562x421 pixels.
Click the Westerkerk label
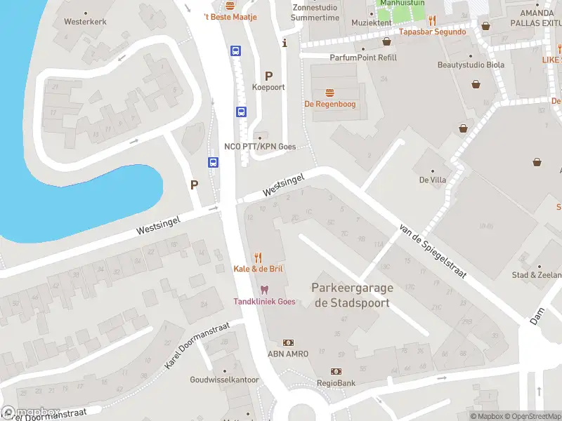[85, 22]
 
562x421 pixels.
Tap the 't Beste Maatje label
[230, 17]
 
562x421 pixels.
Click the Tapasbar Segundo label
[432, 32]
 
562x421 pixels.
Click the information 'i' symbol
[285, 44]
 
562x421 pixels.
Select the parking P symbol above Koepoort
[268, 76]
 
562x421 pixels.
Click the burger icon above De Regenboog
[329, 93]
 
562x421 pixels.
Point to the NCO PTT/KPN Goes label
[260, 146]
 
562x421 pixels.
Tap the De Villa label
[433, 180]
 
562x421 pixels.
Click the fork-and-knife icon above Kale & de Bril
[259, 258]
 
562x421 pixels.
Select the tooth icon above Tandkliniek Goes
[264, 290]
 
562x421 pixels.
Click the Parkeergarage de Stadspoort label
[352, 295]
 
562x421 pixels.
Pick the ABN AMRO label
[287, 354]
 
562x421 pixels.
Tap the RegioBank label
[336, 383]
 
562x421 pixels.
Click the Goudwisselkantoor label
[224, 380]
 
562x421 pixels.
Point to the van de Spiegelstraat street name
[432, 250]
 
